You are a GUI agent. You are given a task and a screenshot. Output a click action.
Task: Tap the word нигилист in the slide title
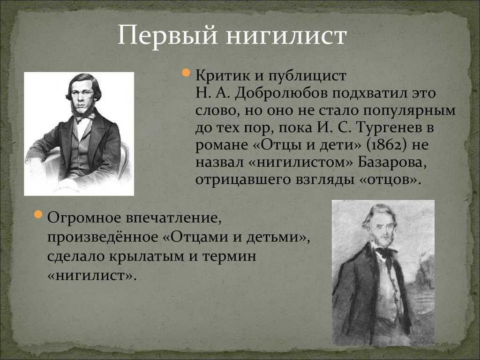(x=286, y=36)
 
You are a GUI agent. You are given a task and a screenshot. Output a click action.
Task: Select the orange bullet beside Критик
(x=186, y=73)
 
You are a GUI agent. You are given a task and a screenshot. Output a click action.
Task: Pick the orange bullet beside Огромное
(x=38, y=214)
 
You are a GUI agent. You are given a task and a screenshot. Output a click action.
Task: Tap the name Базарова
(x=392, y=162)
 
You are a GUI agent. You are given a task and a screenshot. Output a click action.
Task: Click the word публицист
(x=307, y=76)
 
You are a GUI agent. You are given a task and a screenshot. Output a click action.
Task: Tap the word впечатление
(x=173, y=218)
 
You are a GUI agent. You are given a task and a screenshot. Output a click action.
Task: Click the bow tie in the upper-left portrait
(x=86, y=117)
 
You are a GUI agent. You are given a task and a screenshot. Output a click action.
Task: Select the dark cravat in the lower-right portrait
(x=386, y=254)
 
